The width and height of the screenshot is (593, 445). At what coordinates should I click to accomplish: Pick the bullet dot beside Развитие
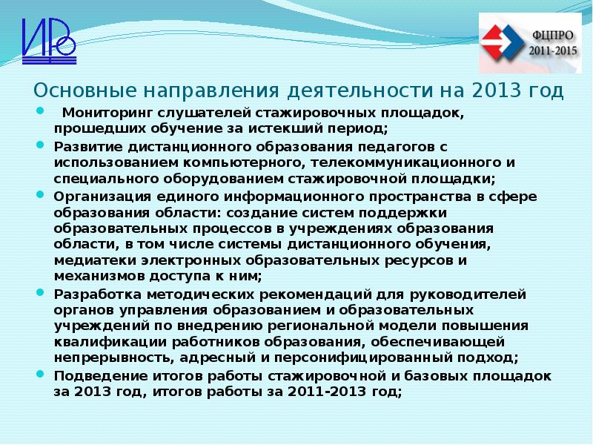39,145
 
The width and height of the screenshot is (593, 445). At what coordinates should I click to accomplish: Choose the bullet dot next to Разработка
39,292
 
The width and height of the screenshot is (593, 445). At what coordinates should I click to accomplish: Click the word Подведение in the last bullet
93,375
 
